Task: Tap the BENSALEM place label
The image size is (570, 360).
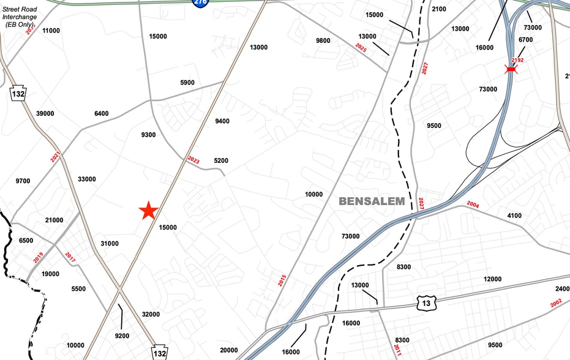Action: tap(372, 201)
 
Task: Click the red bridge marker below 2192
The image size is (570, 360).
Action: tap(511, 70)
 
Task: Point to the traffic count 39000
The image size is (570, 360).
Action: tap(45, 114)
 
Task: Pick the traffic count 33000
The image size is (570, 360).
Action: tap(87, 179)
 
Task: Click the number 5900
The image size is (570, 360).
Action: tap(187, 83)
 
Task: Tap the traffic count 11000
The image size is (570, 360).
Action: tap(51, 31)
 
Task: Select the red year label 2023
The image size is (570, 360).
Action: tap(193, 160)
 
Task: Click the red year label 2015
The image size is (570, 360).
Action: tap(282, 280)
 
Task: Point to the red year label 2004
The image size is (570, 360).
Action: tap(473, 204)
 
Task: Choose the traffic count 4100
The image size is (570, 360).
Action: tap(514, 216)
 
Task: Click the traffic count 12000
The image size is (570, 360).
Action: tap(492, 279)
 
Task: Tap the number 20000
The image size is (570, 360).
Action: tap(228, 350)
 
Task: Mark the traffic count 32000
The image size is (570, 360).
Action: tap(151, 315)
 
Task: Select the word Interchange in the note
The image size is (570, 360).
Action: tap(20, 17)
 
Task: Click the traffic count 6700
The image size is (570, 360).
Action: tap(525, 40)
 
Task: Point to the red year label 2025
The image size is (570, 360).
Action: tap(361, 47)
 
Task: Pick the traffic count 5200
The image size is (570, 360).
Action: tap(221, 161)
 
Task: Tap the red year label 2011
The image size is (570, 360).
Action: tap(398, 350)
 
